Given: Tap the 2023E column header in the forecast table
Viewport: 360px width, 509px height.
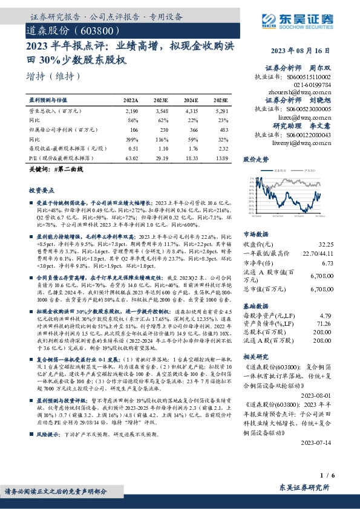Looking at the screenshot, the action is click(x=161, y=100).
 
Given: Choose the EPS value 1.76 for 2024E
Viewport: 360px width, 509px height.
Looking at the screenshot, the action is click(x=191, y=148).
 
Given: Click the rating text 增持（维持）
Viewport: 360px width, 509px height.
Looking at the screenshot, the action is click(x=54, y=77).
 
